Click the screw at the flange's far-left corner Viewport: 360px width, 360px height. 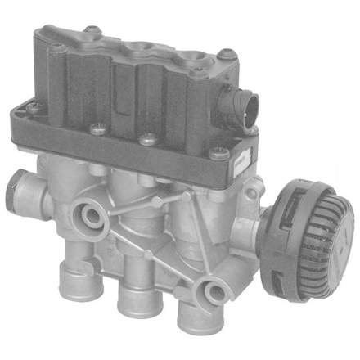(34, 107)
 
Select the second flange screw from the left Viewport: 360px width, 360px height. (97, 126)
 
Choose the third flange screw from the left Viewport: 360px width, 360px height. (146, 138)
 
